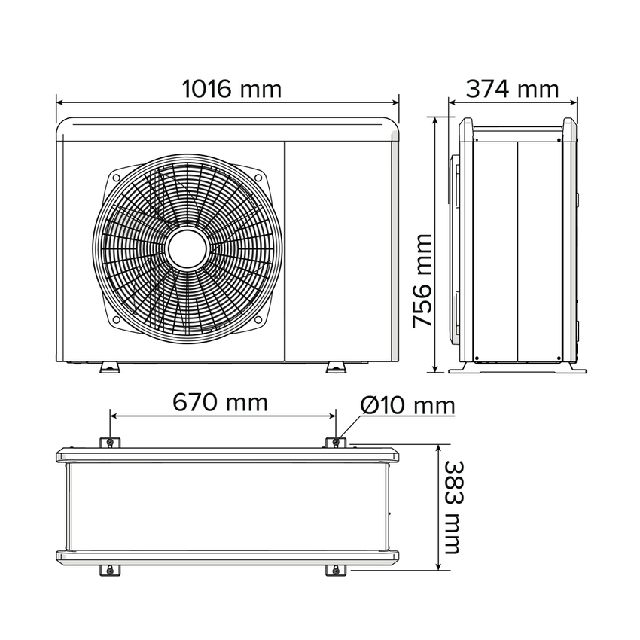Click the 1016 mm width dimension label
232,89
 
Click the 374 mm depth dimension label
513,89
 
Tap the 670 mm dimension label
220,402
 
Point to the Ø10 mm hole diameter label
407,406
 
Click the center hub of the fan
187,249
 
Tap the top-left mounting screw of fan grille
116,178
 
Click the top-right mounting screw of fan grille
258,178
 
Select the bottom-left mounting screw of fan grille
116,319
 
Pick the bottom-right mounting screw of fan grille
258,319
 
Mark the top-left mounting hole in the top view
110,442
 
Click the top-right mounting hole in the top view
336,442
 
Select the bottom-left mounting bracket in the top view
110,570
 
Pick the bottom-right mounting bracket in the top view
336,570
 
